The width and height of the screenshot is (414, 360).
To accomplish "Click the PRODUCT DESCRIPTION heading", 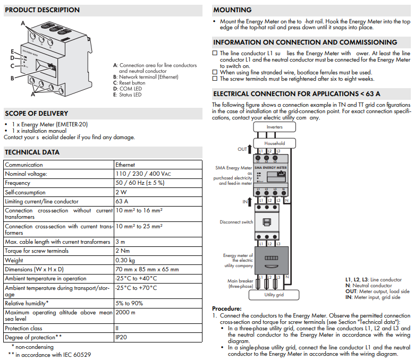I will [42, 10].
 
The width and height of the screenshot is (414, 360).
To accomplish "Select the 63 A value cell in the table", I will [122, 201].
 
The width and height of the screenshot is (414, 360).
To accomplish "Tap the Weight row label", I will [14, 260].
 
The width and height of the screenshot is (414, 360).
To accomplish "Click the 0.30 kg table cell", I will [125, 260].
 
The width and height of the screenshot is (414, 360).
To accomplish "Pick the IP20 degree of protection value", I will [122, 337].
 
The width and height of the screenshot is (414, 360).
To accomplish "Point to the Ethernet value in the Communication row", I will [125, 165].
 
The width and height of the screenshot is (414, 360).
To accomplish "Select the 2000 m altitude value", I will [125, 312].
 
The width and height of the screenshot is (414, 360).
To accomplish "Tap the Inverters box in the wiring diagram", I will [274, 127].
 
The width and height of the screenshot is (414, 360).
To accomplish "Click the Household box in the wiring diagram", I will [274, 143].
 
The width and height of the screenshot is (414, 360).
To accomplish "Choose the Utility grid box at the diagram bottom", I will [274, 294].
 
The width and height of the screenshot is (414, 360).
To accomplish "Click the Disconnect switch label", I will [236, 222].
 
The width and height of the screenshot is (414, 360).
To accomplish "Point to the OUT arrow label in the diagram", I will [242, 150].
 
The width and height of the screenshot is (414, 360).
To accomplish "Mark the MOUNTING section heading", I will [232, 10].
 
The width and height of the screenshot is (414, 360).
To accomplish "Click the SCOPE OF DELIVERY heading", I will [36, 113].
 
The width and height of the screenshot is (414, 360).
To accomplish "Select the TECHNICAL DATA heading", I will [32, 152].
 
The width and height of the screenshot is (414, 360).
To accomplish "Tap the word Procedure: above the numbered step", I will [226, 308].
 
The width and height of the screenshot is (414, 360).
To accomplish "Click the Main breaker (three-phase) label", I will [241, 284].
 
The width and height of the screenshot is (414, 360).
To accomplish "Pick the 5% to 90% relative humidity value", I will [129, 303].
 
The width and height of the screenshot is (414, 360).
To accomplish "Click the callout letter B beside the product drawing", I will [12, 78].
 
